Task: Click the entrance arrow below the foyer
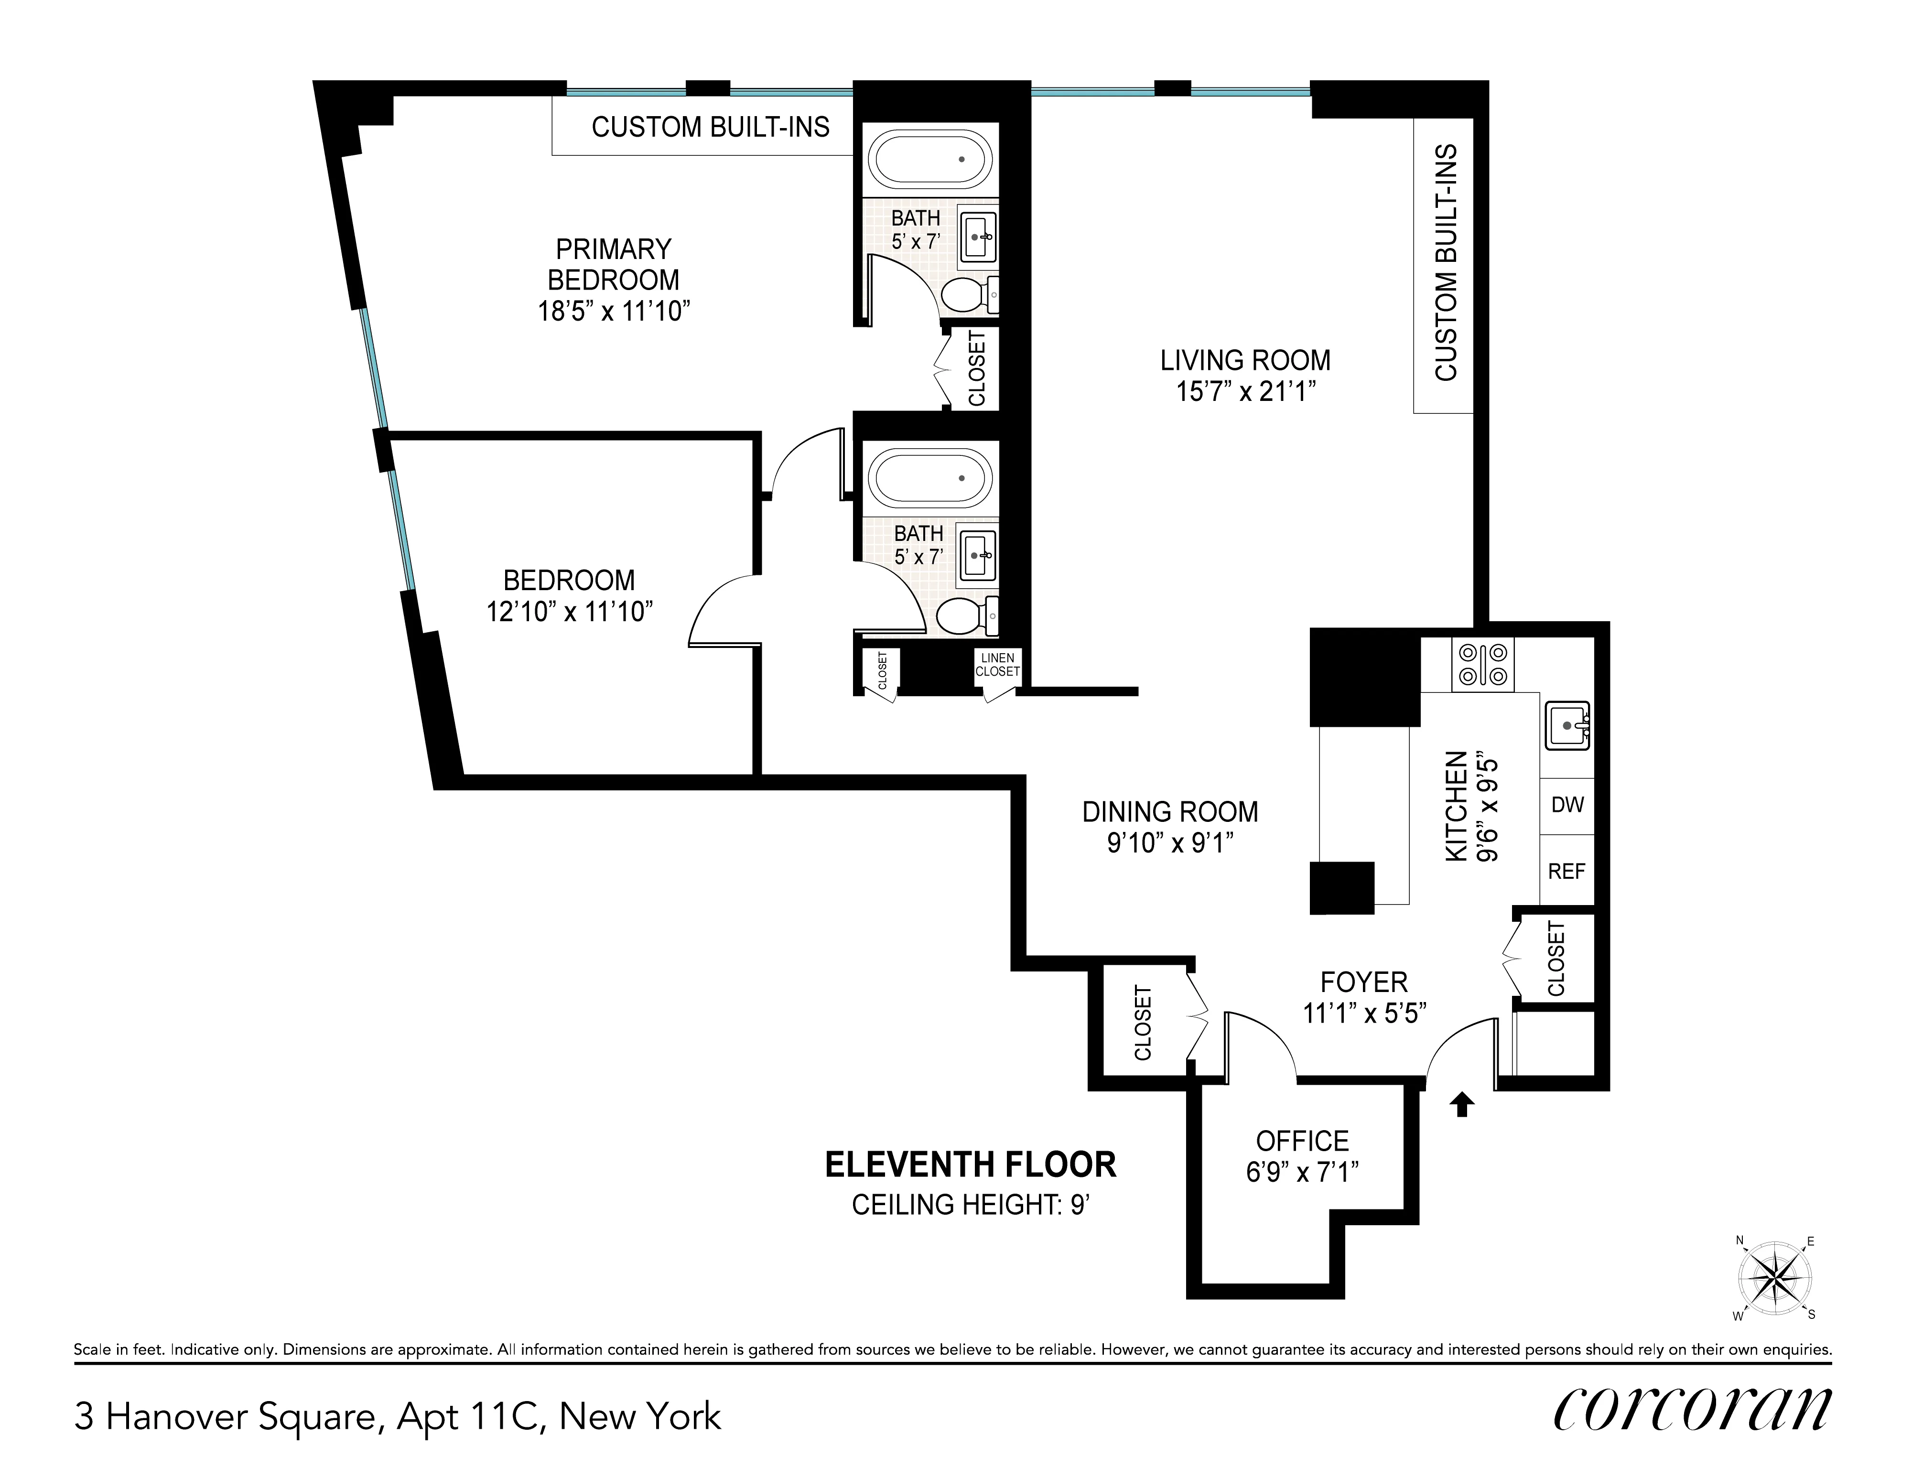pos(1461,1105)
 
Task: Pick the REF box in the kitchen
pos(1567,871)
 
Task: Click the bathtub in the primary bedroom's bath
pos(930,159)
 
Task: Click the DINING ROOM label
pos(1169,812)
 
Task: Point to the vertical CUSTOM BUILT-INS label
pos(1446,263)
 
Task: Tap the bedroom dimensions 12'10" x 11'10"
pos(570,611)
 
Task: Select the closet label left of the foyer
pos(1143,1023)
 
